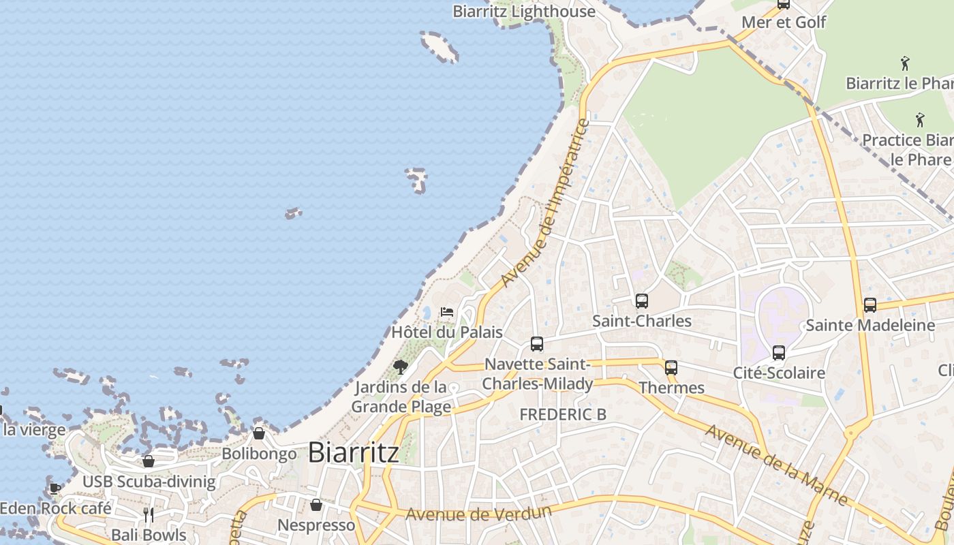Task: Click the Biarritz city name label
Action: coord(354,452)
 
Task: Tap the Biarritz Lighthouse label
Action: coord(524,12)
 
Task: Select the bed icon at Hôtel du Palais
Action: coord(447,312)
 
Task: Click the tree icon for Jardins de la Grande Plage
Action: coord(401,368)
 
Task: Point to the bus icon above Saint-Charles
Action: coord(641,300)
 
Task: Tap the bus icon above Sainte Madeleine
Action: coord(870,305)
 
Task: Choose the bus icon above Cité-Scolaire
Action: coord(779,353)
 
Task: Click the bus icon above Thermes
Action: coord(671,368)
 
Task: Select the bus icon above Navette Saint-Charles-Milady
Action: coord(537,344)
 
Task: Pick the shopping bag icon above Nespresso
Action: coord(316,505)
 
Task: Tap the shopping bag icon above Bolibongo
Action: coord(259,433)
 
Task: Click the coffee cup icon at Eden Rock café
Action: coord(55,488)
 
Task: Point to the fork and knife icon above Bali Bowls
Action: coord(149,514)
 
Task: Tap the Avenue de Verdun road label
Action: coord(478,513)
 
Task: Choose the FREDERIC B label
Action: coord(563,414)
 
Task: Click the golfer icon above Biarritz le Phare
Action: coord(905,63)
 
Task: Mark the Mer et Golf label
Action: coord(784,22)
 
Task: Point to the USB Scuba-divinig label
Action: coord(149,482)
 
